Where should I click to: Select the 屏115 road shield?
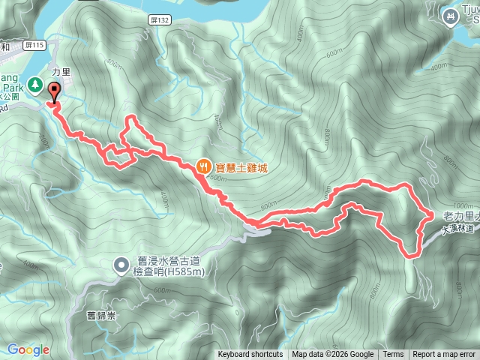[x=35, y=46]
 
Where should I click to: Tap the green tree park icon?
[x=35, y=85]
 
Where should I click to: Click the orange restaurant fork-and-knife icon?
[x=203, y=166]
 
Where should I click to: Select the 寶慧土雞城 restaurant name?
[x=241, y=167]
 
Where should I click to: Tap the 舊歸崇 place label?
[x=101, y=316]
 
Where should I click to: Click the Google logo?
[x=28, y=349]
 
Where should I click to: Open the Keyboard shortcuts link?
[x=250, y=355]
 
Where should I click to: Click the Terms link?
[x=392, y=355]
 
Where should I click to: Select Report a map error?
[x=445, y=355]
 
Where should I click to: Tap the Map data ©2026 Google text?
[x=333, y=355]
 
